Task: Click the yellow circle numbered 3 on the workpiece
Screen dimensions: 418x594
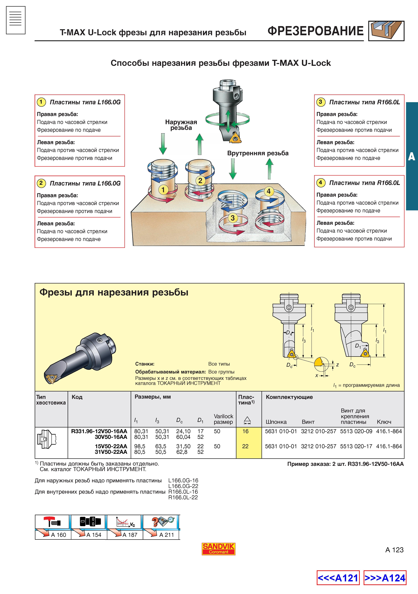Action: coord(233,218)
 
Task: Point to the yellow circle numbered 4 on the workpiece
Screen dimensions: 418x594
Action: coord(269,191)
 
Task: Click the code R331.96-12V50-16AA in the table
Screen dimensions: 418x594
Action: coord(99,431)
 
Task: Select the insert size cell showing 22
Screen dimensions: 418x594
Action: coord(245,446)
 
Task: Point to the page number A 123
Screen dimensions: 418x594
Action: coord(394,550)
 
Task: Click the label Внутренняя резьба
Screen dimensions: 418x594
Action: coord(258,153)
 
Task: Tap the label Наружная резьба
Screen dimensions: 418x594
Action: coord(181,125)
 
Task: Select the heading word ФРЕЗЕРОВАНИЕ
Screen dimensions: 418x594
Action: coord(316,31)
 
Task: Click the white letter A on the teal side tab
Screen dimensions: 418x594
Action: coord(412,157)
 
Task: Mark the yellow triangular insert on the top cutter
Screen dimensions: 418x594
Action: coord(236,138)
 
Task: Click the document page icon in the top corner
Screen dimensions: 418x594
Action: coord(16,20)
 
